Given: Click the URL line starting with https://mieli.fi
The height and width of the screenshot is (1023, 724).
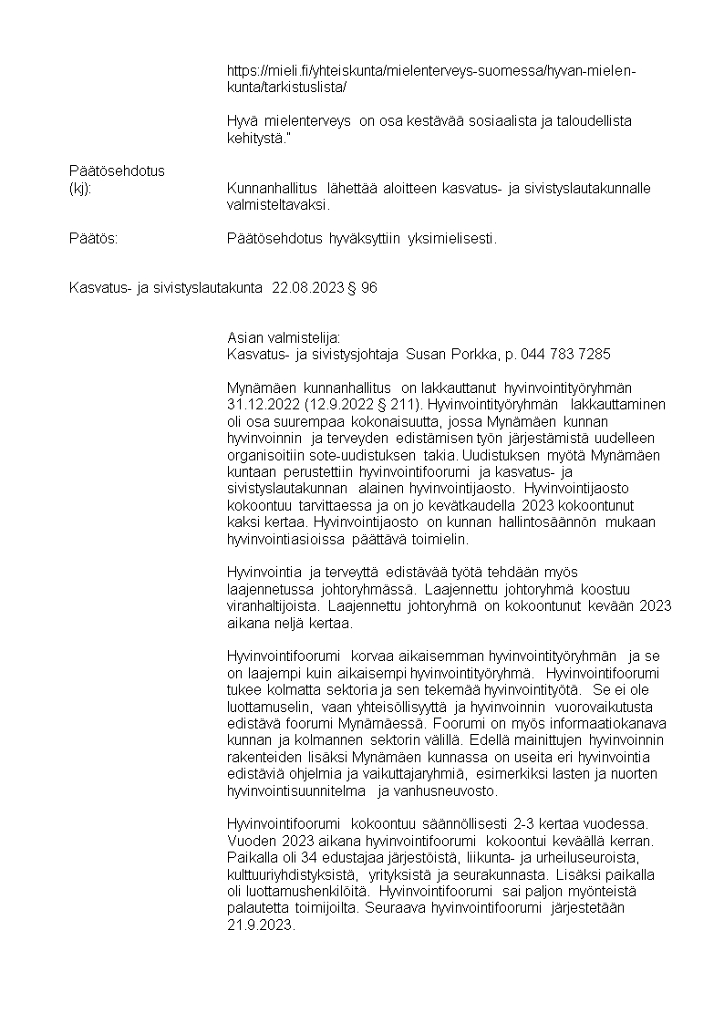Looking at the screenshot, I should point(431,71).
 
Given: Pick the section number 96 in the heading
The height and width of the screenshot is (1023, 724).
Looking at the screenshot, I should point(369,288).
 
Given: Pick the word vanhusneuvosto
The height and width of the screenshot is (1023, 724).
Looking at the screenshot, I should point(448,791).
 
